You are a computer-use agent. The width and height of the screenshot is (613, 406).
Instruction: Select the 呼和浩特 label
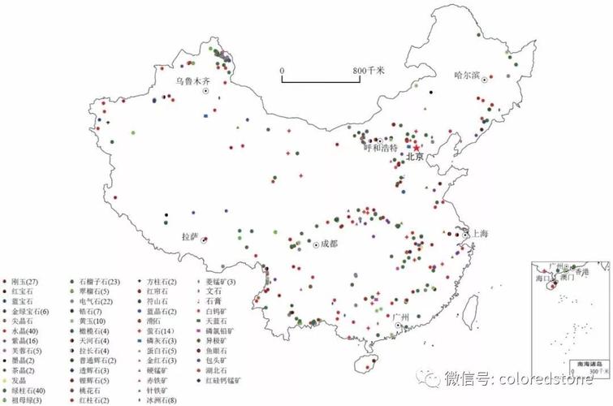[380, 149]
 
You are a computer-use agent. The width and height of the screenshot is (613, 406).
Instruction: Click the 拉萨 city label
[189, 236]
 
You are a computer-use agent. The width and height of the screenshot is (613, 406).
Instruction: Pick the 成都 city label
[328, 243]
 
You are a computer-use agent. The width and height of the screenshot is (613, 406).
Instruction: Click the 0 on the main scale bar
[283, 71]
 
